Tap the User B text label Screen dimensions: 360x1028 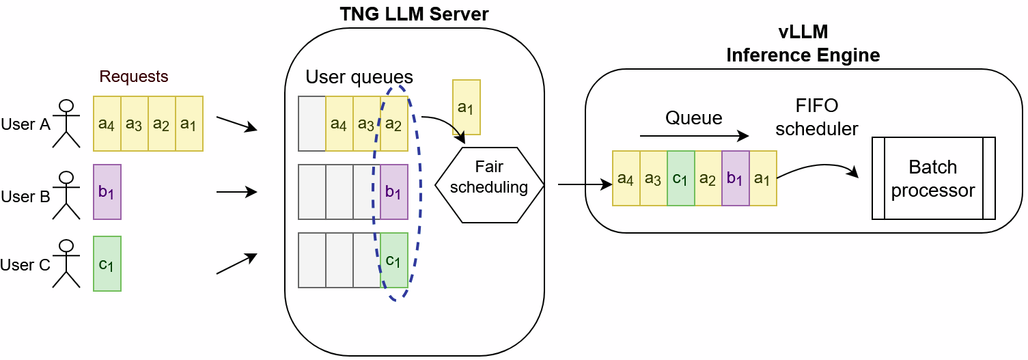pos(26,197)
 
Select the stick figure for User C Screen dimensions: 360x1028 pos(66,263)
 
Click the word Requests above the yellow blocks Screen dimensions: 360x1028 pos(134,76)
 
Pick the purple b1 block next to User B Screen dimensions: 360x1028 pos(107,192)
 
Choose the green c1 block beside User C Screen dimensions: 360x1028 pos(107,264)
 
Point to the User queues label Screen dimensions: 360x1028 pos(359,76)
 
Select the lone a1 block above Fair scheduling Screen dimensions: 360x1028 pos(467,107)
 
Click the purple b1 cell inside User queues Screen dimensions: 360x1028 pos(394,192)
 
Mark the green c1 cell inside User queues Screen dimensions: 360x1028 pos(394,260)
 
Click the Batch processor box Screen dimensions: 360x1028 pos(933,178)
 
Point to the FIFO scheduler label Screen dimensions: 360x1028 pos(817,117)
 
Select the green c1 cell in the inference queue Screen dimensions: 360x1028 pos(681,178)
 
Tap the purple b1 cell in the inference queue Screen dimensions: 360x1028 pos(736,178)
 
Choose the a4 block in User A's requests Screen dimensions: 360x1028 pos(107,124)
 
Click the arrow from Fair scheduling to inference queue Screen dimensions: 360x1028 pos(585,184)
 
